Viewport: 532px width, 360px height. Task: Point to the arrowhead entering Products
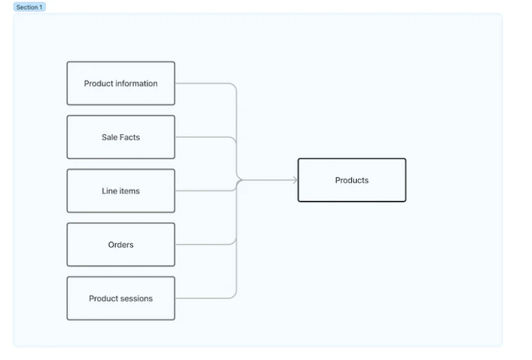(295, 180)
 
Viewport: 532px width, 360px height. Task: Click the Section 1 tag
(29, 7)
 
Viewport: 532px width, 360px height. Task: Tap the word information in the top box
(136, 84)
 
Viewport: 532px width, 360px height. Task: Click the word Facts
(130, 137)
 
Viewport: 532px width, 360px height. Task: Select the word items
(129, 191)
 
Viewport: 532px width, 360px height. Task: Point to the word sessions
(136, 298)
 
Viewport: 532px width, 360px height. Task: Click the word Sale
(109, 137)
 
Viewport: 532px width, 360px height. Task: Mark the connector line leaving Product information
(204, 84)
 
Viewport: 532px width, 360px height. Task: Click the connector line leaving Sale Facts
(204, 137)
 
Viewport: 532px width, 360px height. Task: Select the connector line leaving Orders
(204, 244)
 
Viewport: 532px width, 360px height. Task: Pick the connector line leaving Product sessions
(204, 298)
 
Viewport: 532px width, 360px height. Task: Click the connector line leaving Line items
(204, 191)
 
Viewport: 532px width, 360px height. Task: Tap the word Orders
(121, 244)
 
